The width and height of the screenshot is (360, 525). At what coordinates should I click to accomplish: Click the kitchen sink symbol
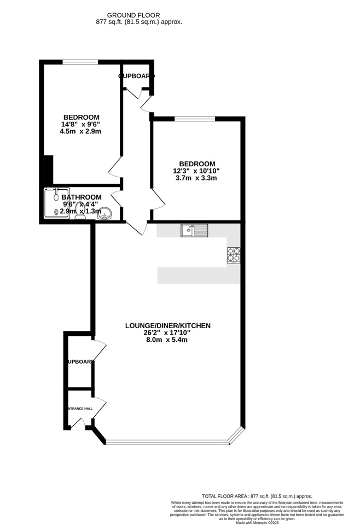pyautogui.click(x=194, y=231)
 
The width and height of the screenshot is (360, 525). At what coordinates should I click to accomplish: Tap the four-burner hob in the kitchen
pyautogui.click(x=233, y=255)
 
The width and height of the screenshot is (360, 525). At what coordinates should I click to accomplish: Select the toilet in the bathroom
pyautogui.click(x=80, y=212)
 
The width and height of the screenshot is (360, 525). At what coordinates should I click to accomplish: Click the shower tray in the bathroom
pyautogui.click(x=55, y=203)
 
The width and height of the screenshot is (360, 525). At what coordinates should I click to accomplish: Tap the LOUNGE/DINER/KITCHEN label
pyautogui.click(x=168, y=326)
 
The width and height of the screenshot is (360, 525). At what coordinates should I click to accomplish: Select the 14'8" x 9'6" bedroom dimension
pyautogui.click(x=81, y=124)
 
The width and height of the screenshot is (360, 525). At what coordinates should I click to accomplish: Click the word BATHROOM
pyautogui.click(x=81, y=197)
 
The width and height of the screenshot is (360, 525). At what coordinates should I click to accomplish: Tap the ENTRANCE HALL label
pyautogui.click(x=79, y=409)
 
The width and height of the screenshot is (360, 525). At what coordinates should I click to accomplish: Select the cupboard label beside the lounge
pyautogui.click(x=80, y=362)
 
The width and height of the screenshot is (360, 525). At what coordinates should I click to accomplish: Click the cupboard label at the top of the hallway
pyautogui.click(x=136, y=76)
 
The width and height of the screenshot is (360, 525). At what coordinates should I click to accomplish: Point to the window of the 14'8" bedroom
pyautogui.click(x=80, y=62)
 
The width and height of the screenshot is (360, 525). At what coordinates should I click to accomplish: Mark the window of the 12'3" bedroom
pyautogui.click(x=195, y=118)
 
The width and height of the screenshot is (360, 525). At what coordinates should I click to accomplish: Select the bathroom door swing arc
pyautogui.click(x=116, y=199)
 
